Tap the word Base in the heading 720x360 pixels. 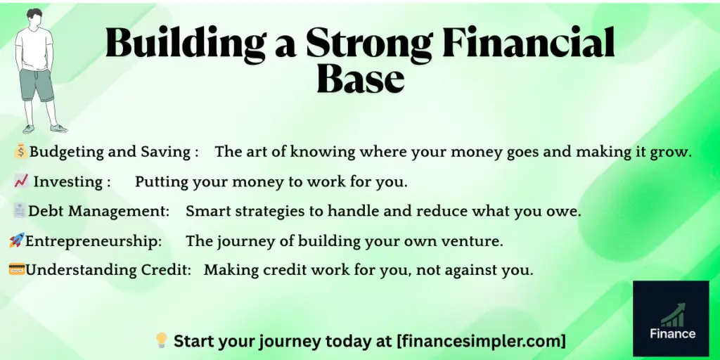click(360, 79)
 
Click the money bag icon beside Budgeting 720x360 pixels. click(20, 151)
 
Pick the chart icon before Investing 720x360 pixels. click(20, 181)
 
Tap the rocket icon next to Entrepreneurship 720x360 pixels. click(16, 241)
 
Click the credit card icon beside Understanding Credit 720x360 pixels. click(17, 270)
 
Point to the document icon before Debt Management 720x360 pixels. click(20, 211)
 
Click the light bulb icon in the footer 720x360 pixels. click(161, 341)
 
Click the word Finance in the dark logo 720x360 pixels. click(671, 334)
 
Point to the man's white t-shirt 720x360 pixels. click(35, 49)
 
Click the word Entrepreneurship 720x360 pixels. click(94, 241)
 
